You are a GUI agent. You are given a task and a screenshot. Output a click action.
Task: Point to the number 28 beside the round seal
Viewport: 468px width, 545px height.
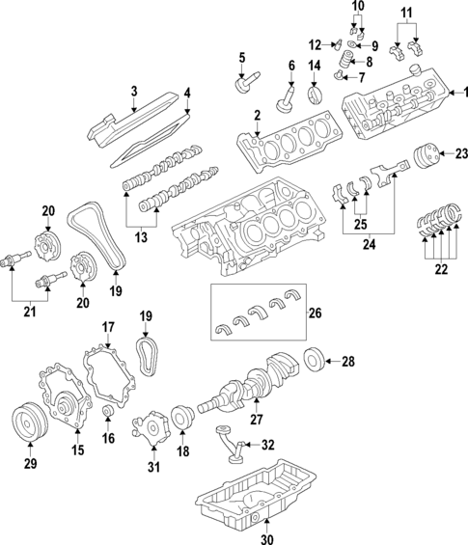(348, 362)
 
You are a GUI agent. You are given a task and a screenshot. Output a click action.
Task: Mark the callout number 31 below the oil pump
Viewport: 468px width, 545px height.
(152, 467)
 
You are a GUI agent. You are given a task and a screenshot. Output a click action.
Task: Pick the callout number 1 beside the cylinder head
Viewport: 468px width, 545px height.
(459, 93)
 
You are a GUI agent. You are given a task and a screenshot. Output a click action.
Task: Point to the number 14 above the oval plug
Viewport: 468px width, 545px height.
(313, 66)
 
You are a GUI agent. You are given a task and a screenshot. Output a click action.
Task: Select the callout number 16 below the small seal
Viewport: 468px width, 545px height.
(109, 437)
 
